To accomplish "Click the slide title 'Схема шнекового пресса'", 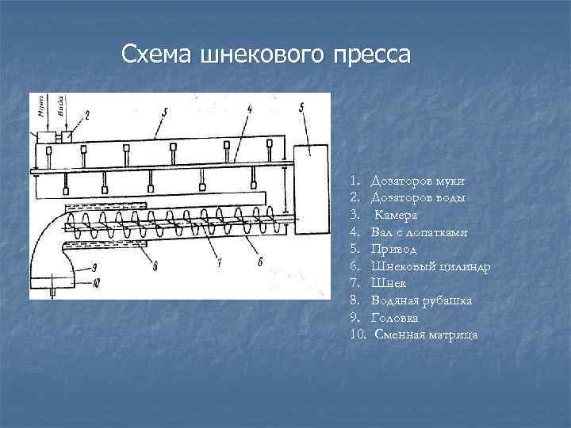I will pyautogui.click(x=266, y=55).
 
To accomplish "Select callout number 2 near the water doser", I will pyautogui.click(x=86, y=116).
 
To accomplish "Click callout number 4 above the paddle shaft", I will pyautogui.click(x=249, y=108).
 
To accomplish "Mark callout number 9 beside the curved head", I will pyautogui.click(x=94, y=266).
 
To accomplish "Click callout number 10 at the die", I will pyautogui.click(x=95, y=282).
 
